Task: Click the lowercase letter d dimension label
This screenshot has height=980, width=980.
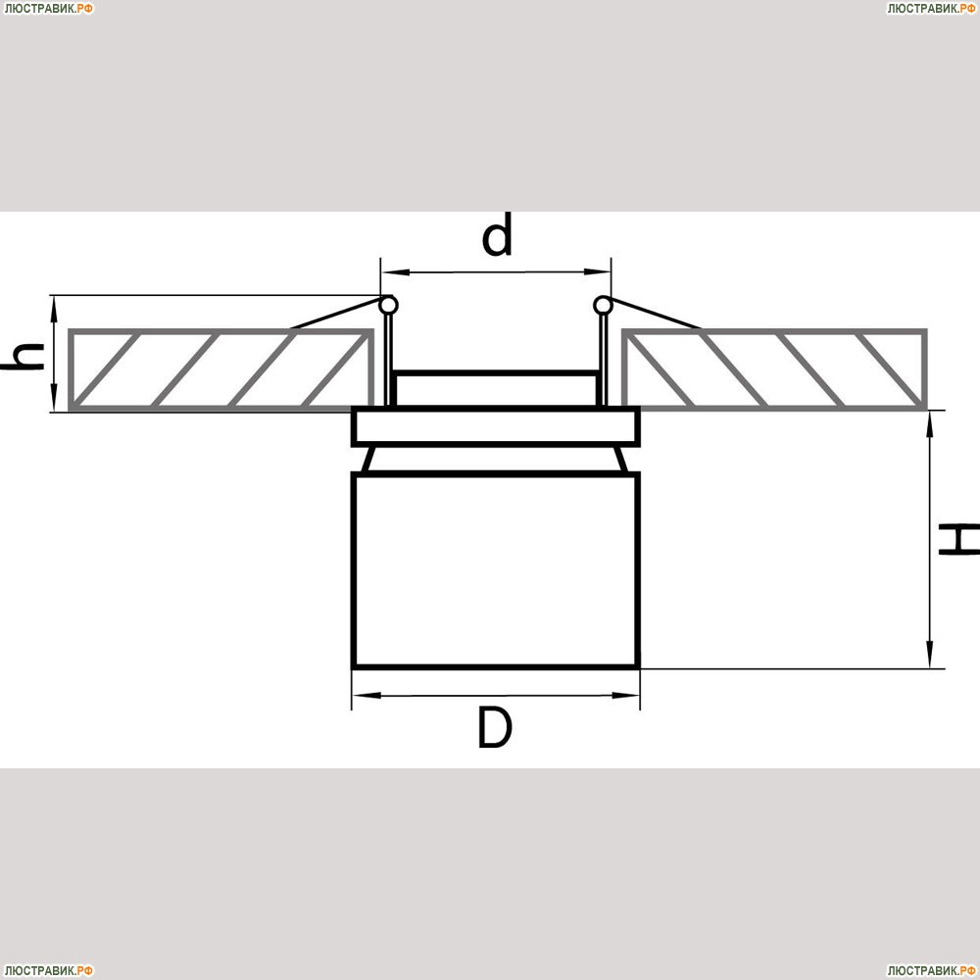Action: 497,235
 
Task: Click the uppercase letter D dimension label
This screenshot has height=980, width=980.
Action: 495,727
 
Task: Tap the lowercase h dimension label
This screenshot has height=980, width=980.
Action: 23,357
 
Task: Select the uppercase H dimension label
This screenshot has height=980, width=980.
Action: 959,540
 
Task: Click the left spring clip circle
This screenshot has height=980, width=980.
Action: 389,305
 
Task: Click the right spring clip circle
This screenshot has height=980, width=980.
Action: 603,305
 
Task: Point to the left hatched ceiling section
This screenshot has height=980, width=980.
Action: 221,369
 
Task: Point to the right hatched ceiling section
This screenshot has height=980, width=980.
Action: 774,369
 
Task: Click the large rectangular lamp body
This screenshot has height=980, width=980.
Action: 496,570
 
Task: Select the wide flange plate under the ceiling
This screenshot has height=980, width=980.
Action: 496,426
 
